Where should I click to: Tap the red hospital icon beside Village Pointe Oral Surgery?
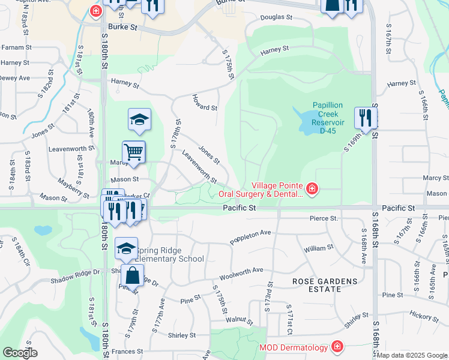coord(312,190)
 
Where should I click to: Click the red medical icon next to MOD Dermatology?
coord(337,347)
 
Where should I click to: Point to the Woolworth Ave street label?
coord(241,274)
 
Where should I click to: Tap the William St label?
coord(318,248)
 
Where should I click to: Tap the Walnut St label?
coord(238,320)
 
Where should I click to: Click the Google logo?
coord(19,353)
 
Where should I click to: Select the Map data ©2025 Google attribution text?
coord(412,355)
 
